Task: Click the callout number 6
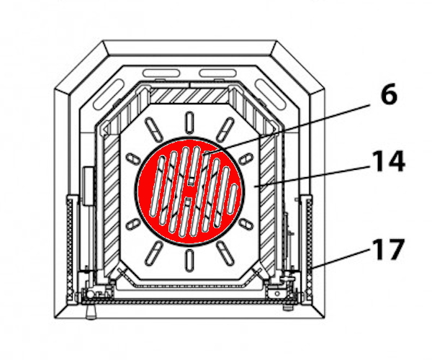coord(389,95)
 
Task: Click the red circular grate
coord(188,191)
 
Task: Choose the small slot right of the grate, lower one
coord(245,224)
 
